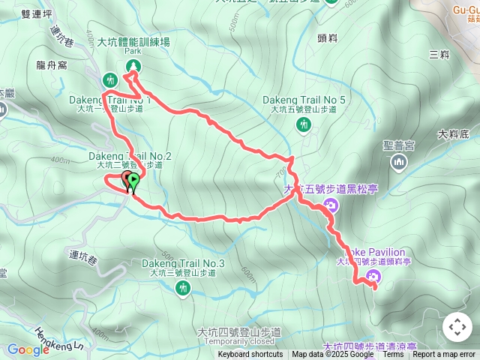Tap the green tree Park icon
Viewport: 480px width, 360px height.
(x=133, y=67)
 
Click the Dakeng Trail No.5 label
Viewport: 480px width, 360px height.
(x=304, y=100)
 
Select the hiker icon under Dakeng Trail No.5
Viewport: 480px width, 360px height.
(x=303, y=126)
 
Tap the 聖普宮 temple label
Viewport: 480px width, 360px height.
(x=398, y=145)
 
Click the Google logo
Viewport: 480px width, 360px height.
(x=28, y=349)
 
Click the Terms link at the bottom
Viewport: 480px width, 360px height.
(x=394, y=355)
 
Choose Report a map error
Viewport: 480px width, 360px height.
(x=445, y=355)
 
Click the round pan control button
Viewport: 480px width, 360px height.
(x=457, y=327)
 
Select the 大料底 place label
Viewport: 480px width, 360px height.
(x=453, y=134)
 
